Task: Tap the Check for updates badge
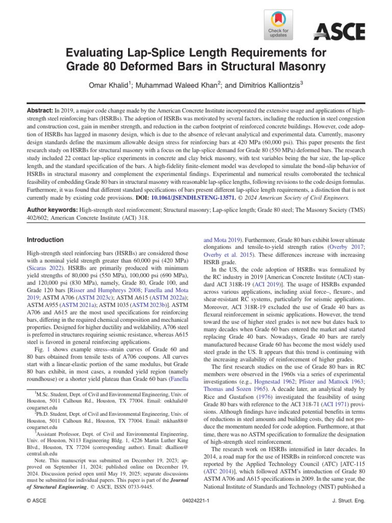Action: tap(278, 25)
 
